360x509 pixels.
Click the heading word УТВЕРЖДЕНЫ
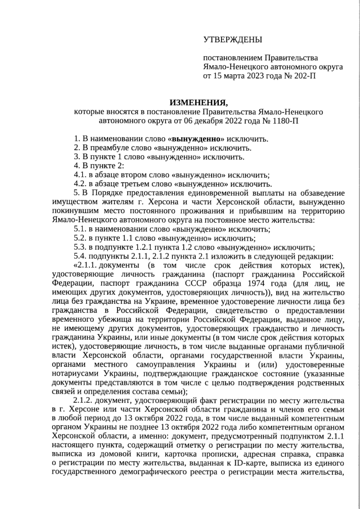pyautogui.click(x=233, y=39)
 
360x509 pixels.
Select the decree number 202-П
pyautogui.click(x=304, y=75)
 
